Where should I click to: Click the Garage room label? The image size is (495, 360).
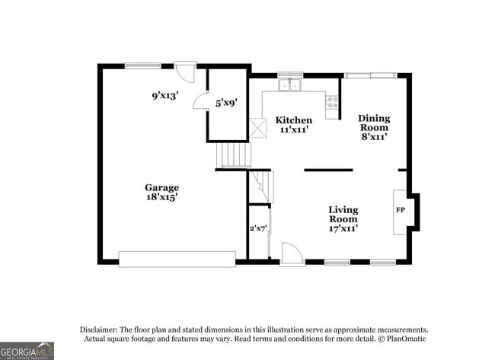click(161, 187)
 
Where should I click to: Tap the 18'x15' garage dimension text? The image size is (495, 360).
click(161, 197)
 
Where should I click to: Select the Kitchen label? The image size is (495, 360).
click(293, 120)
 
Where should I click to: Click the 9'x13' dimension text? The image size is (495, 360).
click(164, 96)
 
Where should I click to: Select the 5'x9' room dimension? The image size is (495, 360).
click(226, 102)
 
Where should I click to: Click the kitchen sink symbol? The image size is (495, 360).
click(289, 84)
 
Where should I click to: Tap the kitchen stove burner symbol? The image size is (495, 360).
click(333, 103)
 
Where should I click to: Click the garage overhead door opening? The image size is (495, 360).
click(177, 260)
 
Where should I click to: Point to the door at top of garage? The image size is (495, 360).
click(185, 72)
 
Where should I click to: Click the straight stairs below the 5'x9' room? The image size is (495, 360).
click(234, 155)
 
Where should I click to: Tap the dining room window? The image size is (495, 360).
click(370, 75)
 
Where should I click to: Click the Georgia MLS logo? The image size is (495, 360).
click(27, 350)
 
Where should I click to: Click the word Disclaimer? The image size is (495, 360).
click(102, 329)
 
